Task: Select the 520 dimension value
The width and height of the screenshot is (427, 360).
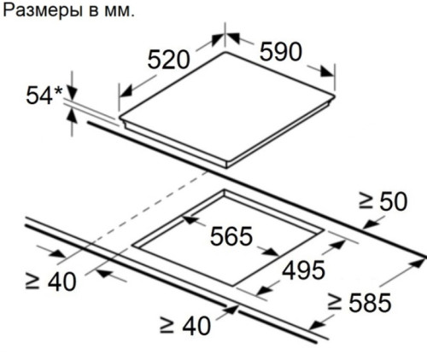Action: [x=168, y=60]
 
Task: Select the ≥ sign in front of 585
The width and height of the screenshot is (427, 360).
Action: [x=334, y=302]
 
